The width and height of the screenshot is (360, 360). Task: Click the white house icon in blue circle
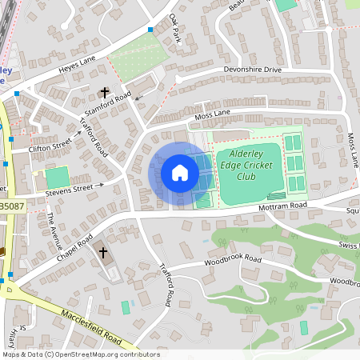[180, 173]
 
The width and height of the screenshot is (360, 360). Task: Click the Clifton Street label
[50, 146]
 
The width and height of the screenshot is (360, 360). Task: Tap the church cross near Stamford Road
[104, 93]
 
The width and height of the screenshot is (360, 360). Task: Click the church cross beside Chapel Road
[102, 253]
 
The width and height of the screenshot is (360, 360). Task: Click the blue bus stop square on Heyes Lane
[149, 30]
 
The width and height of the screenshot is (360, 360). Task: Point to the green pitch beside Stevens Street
[56, 178]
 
